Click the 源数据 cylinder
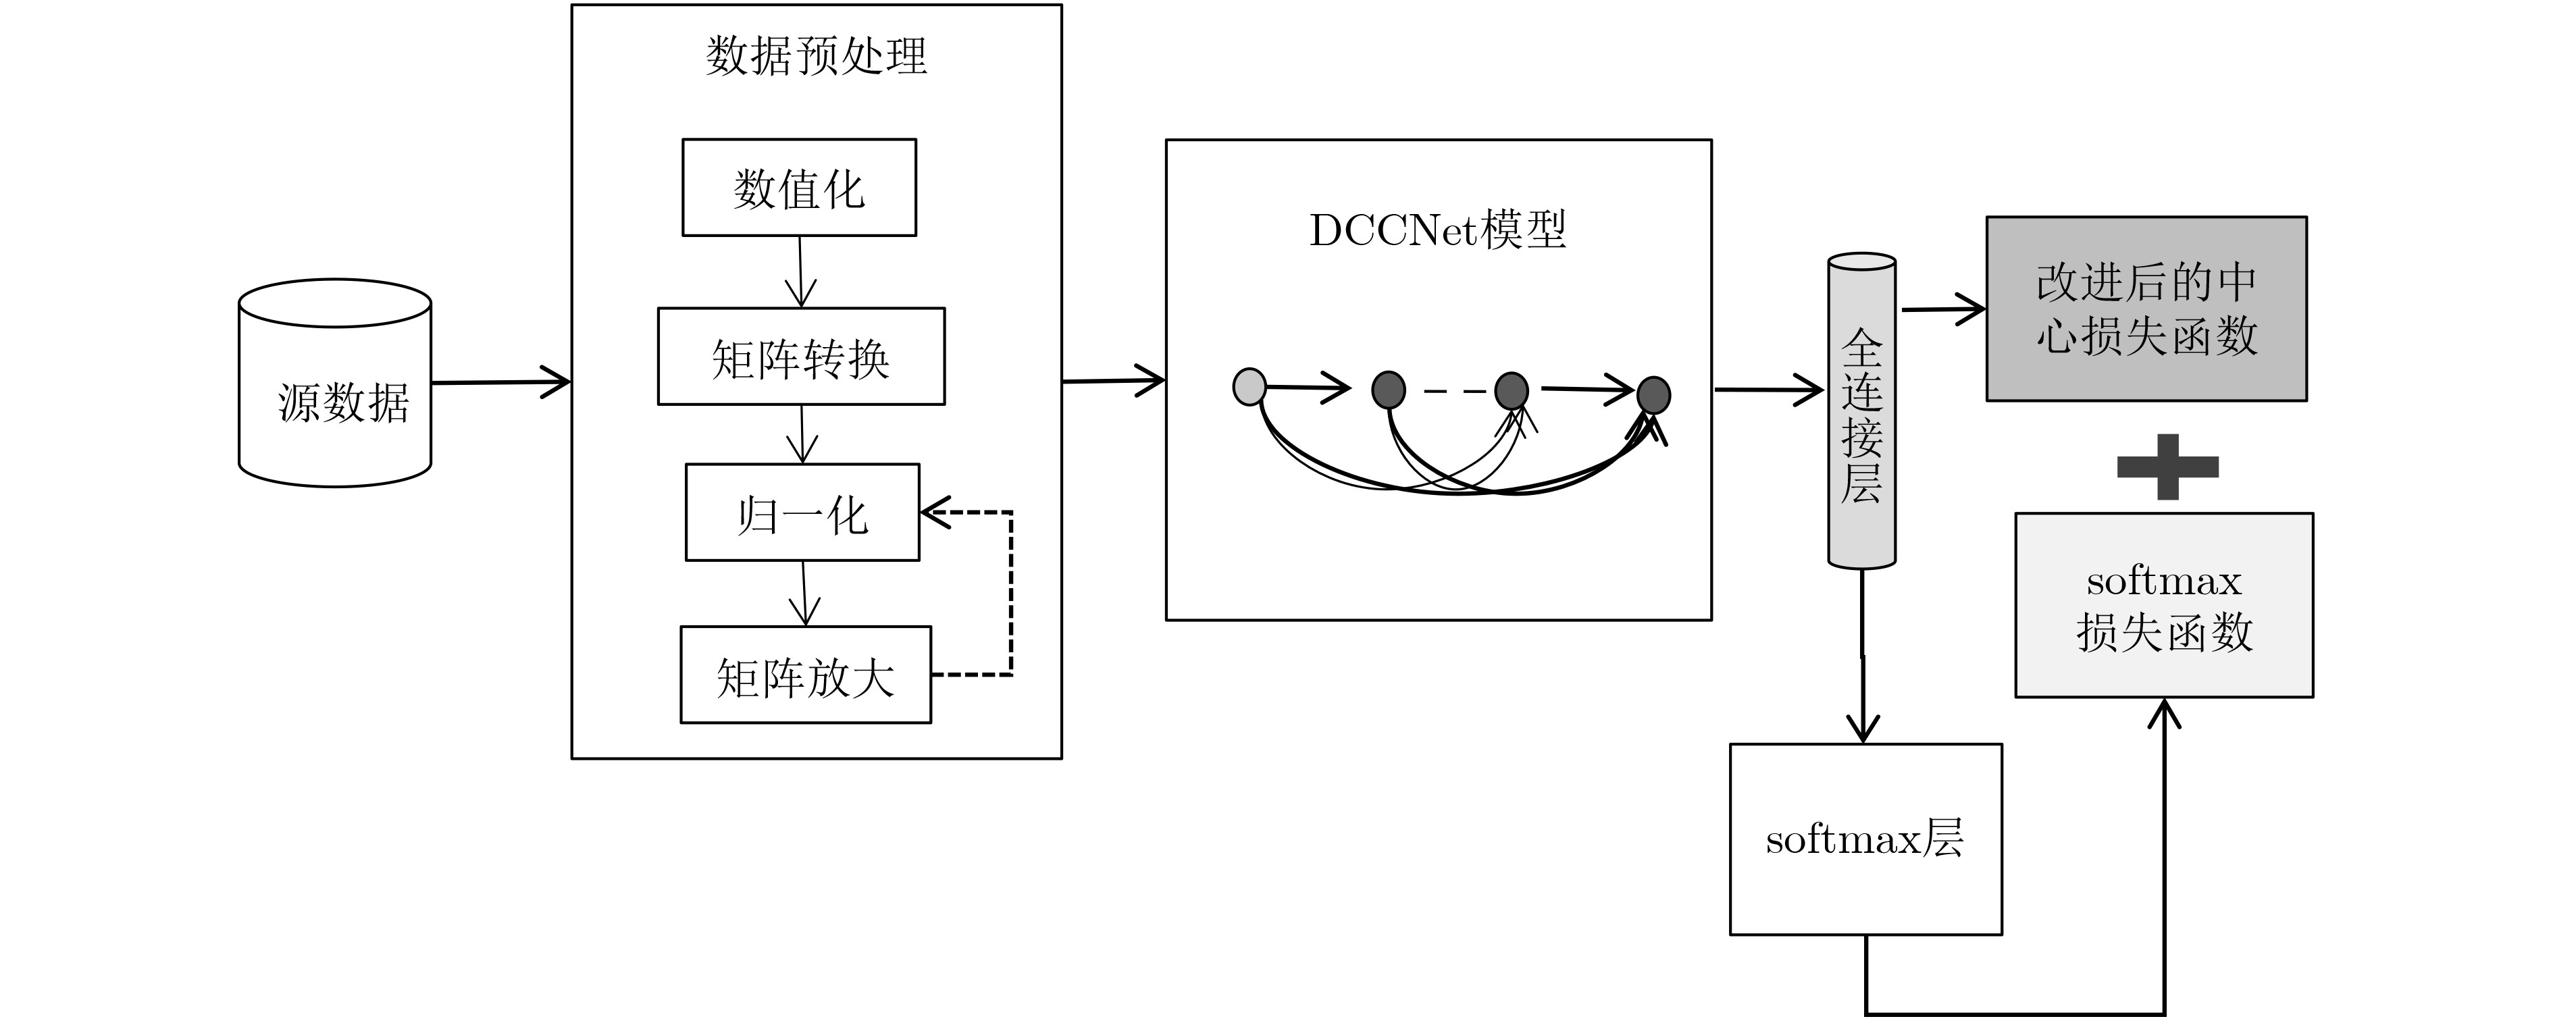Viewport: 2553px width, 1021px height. click(x=335, y=383)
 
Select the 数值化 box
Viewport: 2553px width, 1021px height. click(x=799, y=187)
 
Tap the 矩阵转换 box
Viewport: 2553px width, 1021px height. click(x=801, y=357)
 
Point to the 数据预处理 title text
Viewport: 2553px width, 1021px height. click(x=817, y=57)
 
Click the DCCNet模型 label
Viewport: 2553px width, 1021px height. click(x=1438, y=230)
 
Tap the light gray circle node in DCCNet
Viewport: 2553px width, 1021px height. click(x=1249, y=387)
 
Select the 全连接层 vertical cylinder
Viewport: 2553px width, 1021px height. click(x=1861, y=411)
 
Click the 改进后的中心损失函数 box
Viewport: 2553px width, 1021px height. click(x=2146, y=309)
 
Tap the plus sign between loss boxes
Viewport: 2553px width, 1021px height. click(x=2167, y=467)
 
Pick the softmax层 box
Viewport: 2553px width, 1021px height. click(x=1866, y=839)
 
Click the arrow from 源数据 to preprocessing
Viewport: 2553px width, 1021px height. click(x=501, y=382)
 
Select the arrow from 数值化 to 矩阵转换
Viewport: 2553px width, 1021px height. click(x=800, y=271)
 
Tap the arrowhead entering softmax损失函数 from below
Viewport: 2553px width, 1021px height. click(x=2165, y=714)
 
